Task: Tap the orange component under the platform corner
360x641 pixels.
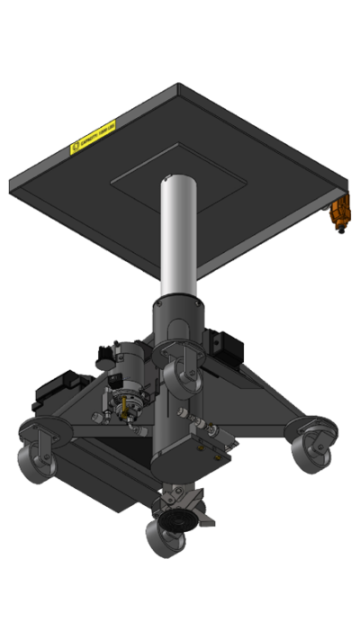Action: pos(338,216)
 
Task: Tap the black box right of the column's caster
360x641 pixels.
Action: pos(222,346)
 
